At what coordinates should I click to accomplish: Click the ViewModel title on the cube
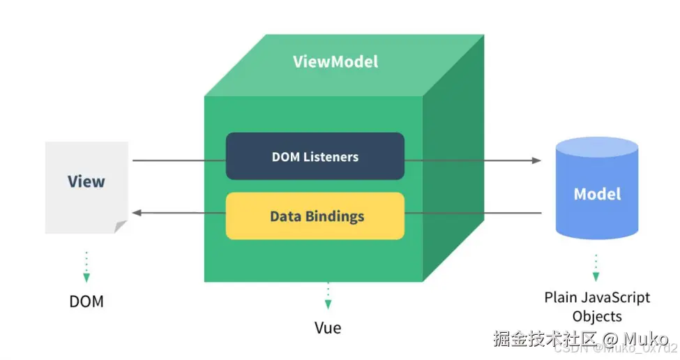[335, 61]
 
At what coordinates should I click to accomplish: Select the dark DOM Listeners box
[315, 156]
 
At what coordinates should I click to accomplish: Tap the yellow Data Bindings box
[315, 216]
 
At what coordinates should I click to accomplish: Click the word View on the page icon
[86, 181]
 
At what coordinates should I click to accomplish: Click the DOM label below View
[86, 302]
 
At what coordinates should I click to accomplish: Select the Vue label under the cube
[328, 327]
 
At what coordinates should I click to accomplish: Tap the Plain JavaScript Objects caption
[597, 306]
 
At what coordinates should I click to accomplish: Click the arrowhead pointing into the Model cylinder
[536, 160]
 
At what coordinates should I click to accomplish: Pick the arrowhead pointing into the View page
[137, 212]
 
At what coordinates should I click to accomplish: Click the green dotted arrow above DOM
[86, 267]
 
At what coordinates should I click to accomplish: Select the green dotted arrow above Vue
[328, 296]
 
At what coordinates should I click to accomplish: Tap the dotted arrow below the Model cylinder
[596, 267]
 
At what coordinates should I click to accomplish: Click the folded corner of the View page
[121, 226]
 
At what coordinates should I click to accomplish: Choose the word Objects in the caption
[597, 316]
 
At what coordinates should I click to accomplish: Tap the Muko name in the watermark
[646, 340]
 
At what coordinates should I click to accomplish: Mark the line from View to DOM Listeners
[179, 160]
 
